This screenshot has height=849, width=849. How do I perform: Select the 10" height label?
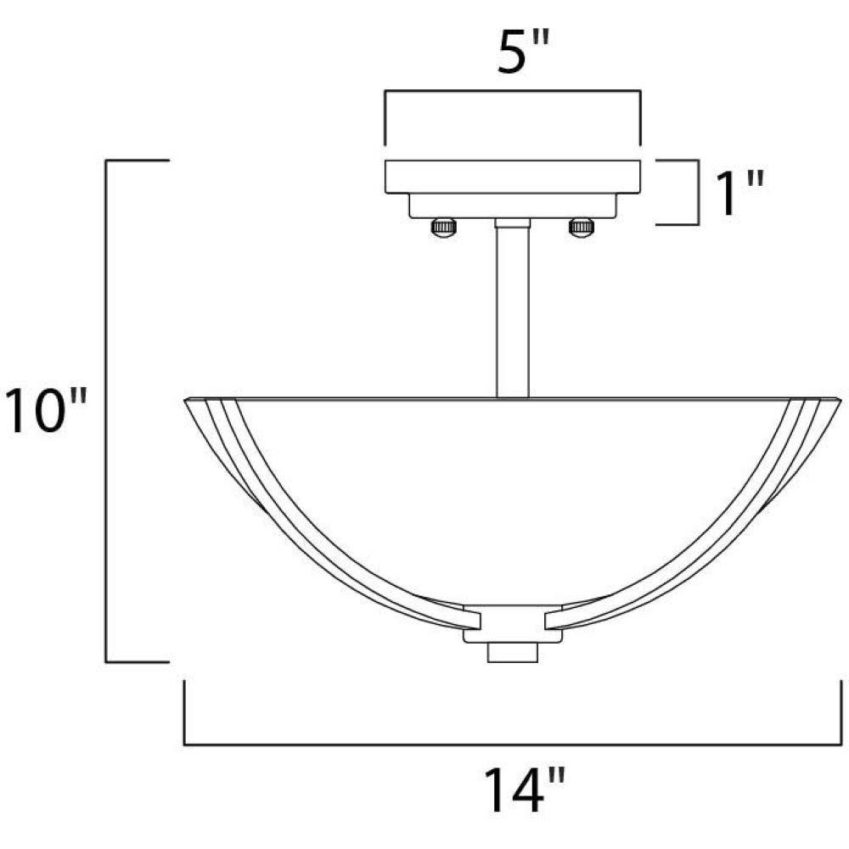click(x=46, y=410)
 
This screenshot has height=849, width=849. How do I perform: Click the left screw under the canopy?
click(x=443, y=226)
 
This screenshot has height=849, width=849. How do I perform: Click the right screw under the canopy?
click(x=582, y=226)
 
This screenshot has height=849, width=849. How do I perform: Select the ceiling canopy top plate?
click(x=513, y=177)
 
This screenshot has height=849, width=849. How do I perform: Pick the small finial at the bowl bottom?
click(x=513, y=652)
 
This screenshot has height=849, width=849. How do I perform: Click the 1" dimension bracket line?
click(x=697, y=192)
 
